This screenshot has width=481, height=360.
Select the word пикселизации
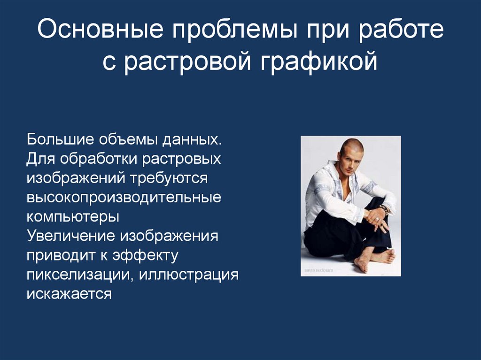point(81,275)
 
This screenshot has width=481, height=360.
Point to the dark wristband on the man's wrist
point(384,209)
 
